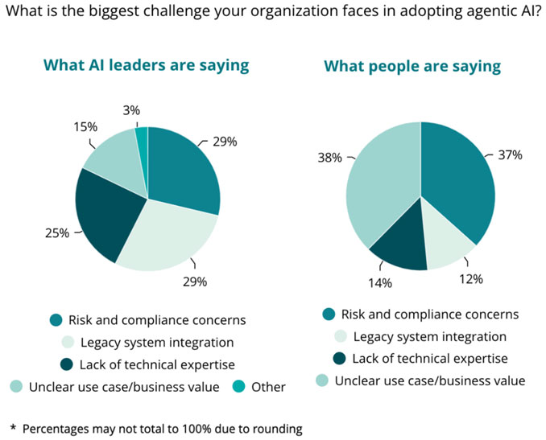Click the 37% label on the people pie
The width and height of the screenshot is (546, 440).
click(x=511, y=154)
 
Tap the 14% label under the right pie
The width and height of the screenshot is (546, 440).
click(x=380, y=282)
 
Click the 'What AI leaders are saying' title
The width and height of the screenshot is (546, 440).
click(x=146, y=64)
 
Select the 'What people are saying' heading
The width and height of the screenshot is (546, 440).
click(x=412, y=66)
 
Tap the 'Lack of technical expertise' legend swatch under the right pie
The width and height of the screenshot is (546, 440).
click(x=329, y=359)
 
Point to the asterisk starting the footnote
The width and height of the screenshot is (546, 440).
click(x=13, y=429)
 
